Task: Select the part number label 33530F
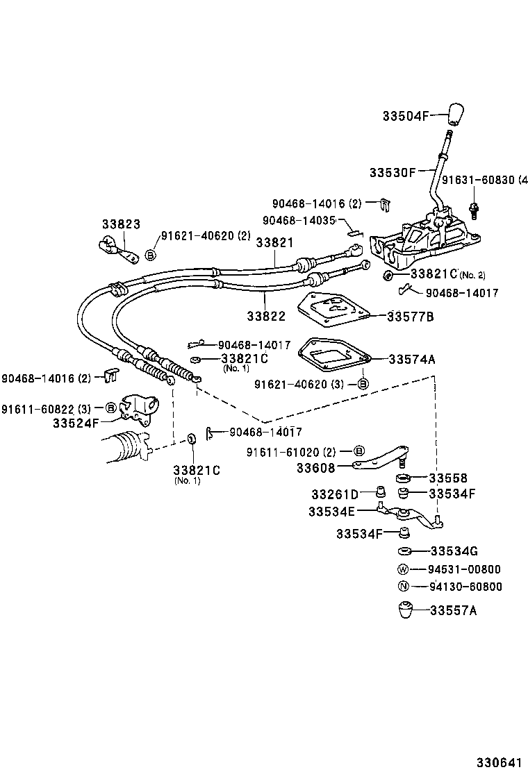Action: [x=393, y=171]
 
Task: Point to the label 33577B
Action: [x=411, y=316]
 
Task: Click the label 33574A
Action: [x=412, y=359]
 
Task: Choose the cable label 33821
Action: [x=274, y=242]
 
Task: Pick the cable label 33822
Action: [x=265, y=315]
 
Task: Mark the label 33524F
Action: [x=76, y=422]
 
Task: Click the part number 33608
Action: [x=315, y=468]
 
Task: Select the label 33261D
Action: [x=335, y=494]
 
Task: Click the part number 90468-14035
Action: [x=299, y=220]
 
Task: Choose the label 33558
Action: [x=448, y=478]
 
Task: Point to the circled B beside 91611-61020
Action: [x=359, y=452]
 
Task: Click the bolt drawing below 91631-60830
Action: [x=475, y=207]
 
